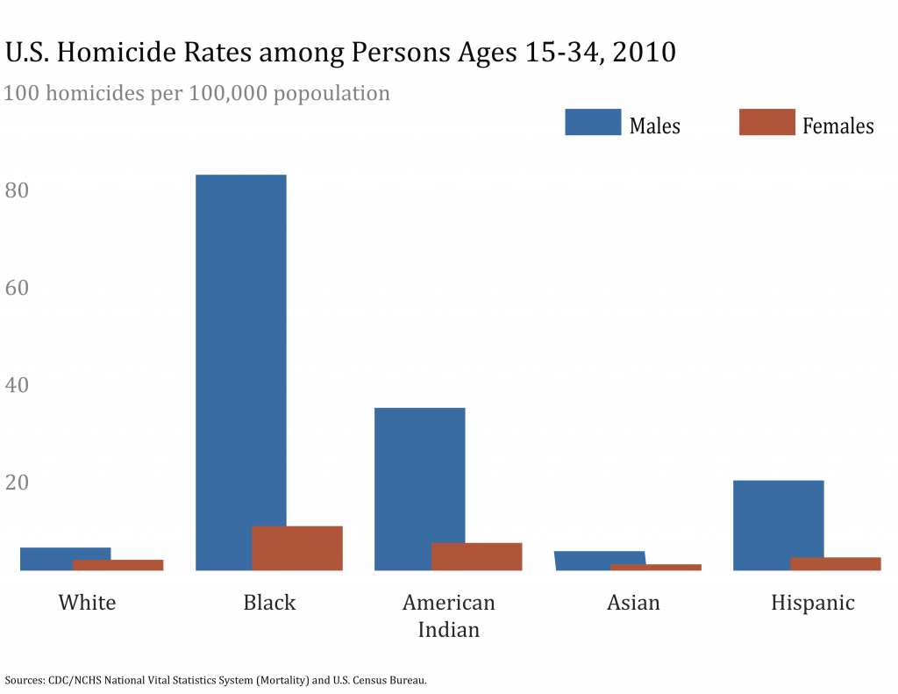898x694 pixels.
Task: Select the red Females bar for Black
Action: [297, 548]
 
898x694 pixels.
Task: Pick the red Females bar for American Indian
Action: [477, 557]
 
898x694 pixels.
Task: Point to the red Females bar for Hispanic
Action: [836, 564]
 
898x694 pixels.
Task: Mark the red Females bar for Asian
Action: [657, 567]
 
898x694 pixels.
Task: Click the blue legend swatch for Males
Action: [593, 122]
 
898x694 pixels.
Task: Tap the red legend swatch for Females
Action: [767, 122]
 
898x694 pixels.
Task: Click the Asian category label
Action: [633, 603]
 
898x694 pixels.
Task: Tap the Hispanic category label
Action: [812, 603]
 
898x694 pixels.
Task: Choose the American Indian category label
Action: [448, 616]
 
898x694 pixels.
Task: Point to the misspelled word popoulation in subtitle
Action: [331, 92]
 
